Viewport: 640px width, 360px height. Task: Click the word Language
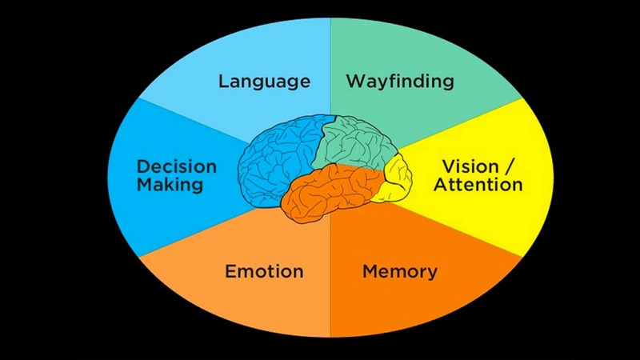coord(264,82)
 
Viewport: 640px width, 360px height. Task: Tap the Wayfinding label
coord(400,82)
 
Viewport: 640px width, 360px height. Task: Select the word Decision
coord(177,167)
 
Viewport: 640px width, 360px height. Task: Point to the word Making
coord(169,185)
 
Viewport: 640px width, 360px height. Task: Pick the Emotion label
coord(264,271)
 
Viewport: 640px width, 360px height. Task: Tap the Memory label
coord(400,271)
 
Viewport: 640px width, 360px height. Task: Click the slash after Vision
coord(514,167)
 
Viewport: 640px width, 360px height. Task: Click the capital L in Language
coord(223,82)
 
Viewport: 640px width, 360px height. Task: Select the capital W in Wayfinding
coord(354,82)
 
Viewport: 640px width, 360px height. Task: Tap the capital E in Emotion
coord(230,271)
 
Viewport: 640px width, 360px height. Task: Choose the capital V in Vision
coord(449,167)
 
